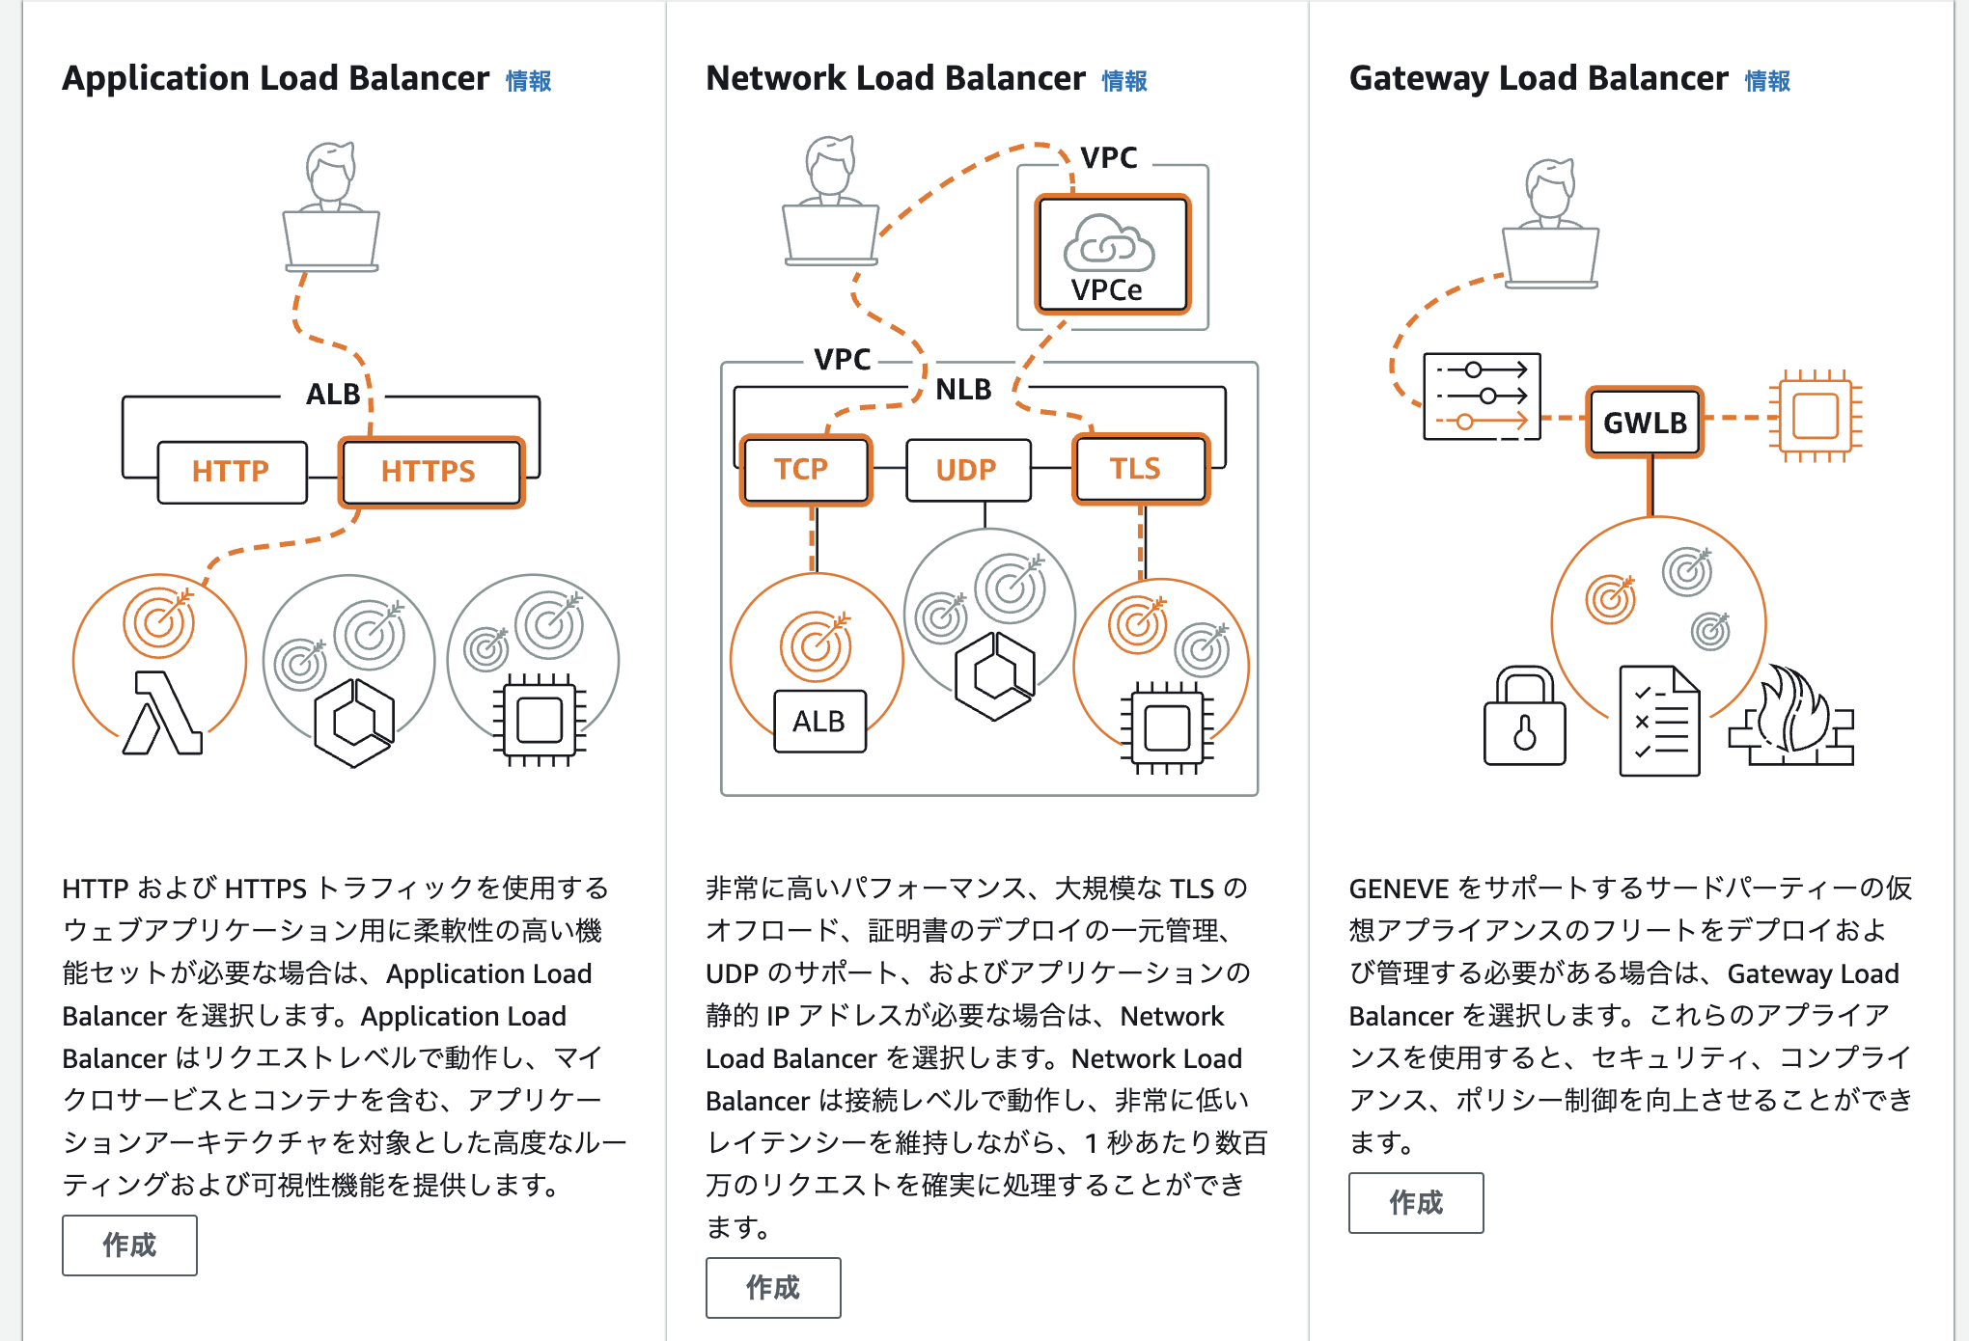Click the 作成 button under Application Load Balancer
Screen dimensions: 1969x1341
129,1245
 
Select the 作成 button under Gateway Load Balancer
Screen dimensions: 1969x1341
1416,1202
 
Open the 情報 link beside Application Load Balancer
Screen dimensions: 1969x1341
529,81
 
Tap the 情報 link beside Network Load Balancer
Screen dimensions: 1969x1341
1124,81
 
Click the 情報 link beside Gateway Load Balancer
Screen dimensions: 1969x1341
1767,81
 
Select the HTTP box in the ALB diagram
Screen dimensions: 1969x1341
233,472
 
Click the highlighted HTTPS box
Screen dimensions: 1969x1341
431,472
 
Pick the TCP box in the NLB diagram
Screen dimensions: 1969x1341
806,470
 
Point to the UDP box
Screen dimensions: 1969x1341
968,470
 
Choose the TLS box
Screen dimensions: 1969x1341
1141,470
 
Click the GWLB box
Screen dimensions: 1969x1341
1646,422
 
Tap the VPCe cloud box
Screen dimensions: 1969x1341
1112,255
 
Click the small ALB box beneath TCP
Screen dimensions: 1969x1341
819,722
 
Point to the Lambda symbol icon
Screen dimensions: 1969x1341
162,713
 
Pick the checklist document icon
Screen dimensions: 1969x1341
1659,721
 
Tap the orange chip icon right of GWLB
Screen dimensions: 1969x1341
1815,417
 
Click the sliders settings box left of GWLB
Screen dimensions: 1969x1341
1483,397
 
